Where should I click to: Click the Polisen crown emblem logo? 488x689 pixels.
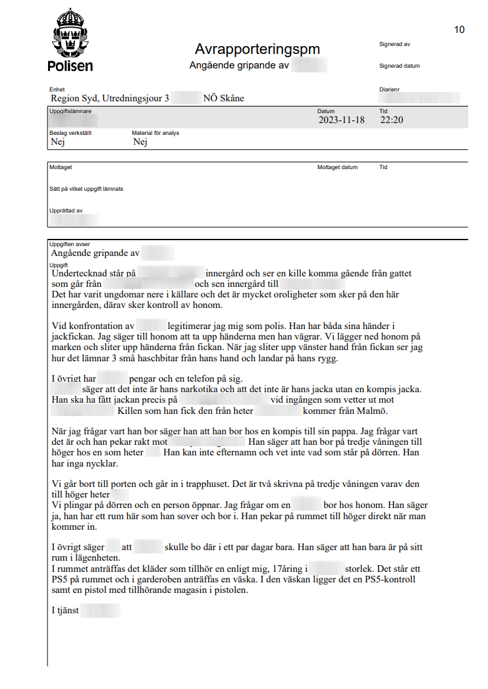coord(70,34)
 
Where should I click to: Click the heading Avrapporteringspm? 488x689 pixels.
coord(257,49)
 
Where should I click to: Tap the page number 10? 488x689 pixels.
coord(459,30)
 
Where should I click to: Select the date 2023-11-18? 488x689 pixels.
coord(341,120)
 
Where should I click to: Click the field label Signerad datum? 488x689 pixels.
coord(399,66)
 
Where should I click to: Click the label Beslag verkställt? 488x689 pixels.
coord(70,133)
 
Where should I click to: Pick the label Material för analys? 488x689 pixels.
coord(155,133)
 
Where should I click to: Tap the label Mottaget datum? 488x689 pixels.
coord(337,167)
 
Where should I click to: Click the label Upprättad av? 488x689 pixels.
coord(66,211)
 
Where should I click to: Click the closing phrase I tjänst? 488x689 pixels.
coord(65,610)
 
